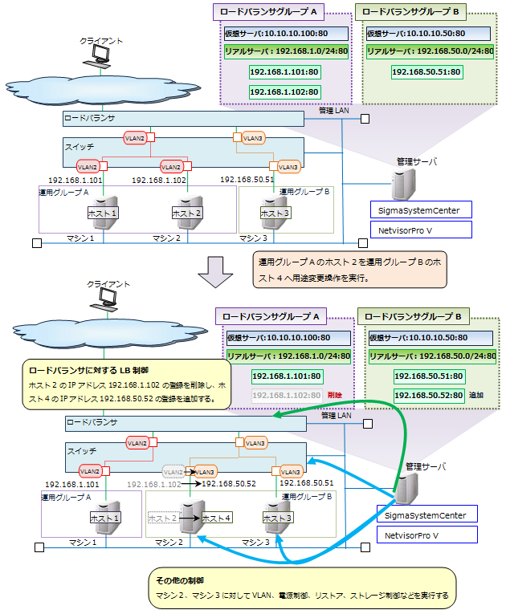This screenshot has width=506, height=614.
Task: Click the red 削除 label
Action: click(x=335, y=396)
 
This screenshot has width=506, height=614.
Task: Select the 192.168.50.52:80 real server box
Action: click(x=429, y=396)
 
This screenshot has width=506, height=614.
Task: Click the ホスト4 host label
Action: click(x=217, y=518)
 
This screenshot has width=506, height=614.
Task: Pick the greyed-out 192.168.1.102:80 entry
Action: click(x=286, y=396)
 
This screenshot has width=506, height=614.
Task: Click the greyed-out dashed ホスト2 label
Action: click(x=163, y=518)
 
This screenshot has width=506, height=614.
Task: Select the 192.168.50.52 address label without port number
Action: click(x=229, y=485)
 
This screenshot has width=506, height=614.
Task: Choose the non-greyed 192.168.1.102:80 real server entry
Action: click(x=284, y=91)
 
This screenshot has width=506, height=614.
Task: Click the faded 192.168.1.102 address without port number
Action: click(x=153, y=485)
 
